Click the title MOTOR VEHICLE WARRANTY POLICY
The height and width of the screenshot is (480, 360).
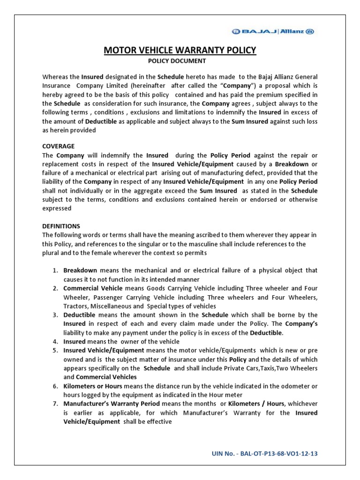pyautogui.click(x=180, y=50)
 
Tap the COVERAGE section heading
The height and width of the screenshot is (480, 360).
pyautogui.click(x=58, y=146)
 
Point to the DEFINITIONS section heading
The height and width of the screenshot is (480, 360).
pyautogui.click(x=61, y=226)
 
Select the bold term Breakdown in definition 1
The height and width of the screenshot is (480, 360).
pyautogui.click(x=80, y=270)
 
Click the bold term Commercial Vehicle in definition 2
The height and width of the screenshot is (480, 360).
pyautogui.click(x=93, y=288)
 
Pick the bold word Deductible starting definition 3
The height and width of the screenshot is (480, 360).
pyautogui.click(x=80, y=315)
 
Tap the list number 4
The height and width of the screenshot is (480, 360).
pyautogui.click(x=55, y=342)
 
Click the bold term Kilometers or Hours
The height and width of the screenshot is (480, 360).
pyautogui.click(x=93, y=386)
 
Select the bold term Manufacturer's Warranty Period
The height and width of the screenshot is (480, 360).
pyautogui.click(x=112, y=404)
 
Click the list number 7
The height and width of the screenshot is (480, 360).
pyautogui.click(x=55, y=404)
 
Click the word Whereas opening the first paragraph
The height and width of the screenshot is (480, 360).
pyautogui.click(x=55, y=76)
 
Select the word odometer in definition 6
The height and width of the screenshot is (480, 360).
pyautogui.click(x=298, y=386)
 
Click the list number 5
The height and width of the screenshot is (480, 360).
pyautogui.click(x=55, y=351)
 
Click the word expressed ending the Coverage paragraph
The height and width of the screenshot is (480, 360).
pyautogui.click(x=57, y=208)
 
